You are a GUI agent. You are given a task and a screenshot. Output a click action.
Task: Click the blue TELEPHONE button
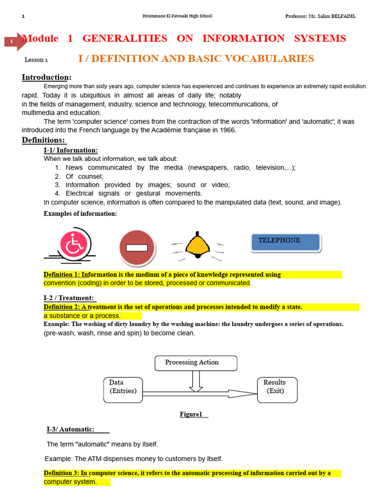point(285,242)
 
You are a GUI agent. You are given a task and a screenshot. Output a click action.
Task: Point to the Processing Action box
point(196,363)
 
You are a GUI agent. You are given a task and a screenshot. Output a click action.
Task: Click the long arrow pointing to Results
point(200,393)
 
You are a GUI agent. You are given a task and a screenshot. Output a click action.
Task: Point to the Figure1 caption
point(191,414)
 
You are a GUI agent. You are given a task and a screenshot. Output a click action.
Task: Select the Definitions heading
point(43,140)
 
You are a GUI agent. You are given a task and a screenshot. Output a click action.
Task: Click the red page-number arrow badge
point(14,41)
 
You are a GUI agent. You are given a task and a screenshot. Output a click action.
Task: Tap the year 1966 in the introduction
point(227,130)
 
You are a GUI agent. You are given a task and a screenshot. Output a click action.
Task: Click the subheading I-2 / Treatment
point(69,298)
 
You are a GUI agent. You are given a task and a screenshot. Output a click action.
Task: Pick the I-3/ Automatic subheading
point(71,429)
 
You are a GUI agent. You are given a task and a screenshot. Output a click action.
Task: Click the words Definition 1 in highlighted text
point(61,275)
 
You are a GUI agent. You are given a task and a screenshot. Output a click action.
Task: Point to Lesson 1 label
point(36,60)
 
